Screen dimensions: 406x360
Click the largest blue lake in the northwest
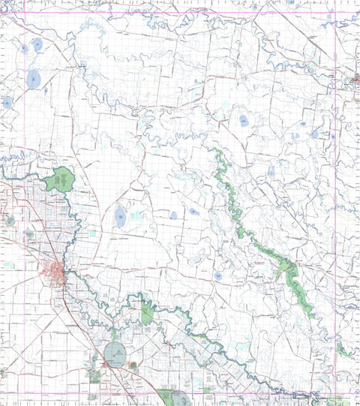32,78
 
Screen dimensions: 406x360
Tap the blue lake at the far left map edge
7,102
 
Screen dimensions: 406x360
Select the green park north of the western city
60,180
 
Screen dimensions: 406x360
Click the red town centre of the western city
56,271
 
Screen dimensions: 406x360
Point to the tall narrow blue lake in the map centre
120,217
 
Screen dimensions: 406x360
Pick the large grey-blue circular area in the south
115,352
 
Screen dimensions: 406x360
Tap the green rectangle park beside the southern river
147,314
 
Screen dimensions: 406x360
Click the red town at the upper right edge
354,78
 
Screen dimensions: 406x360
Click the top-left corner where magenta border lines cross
28,14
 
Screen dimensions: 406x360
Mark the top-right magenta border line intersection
335,14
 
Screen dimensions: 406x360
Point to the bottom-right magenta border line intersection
335,395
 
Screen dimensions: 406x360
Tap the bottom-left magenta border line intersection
28,395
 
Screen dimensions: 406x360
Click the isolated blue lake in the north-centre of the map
244,120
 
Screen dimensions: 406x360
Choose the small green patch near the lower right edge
344,349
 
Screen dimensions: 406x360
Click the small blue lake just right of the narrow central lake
173,215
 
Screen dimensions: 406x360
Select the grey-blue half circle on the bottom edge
181,399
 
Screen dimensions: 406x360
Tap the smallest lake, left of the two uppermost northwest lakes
24,48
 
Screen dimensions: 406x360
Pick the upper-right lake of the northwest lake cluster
37,45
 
